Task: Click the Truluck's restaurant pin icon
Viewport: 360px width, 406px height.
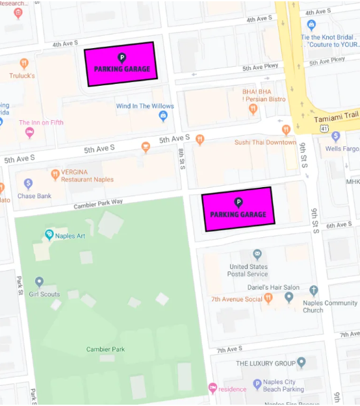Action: click(x=24, y=63)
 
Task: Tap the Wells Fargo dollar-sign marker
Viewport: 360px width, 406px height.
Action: click(x=335, y=136)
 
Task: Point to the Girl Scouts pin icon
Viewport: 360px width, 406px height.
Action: click(x=40, y=282)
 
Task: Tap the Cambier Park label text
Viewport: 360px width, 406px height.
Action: click(x=105, y=349)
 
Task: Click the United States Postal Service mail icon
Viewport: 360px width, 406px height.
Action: click(x=257, y=254)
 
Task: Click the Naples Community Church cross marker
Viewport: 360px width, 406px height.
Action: click(x=315, y=290)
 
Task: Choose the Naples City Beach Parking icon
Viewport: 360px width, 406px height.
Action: click(x=257, y=384)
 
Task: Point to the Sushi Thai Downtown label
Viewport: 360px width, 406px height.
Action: click(x=264, y=142)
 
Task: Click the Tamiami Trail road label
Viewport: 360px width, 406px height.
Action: click(x=336, y=120)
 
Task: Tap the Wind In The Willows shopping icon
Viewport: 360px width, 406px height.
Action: click(x=163, y=116)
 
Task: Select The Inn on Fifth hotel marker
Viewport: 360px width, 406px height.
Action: click(x=29, y=133)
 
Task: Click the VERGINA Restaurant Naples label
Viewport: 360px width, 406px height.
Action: click(x=87, y=175)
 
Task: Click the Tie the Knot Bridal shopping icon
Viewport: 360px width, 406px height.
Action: click(x=311, y=25)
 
